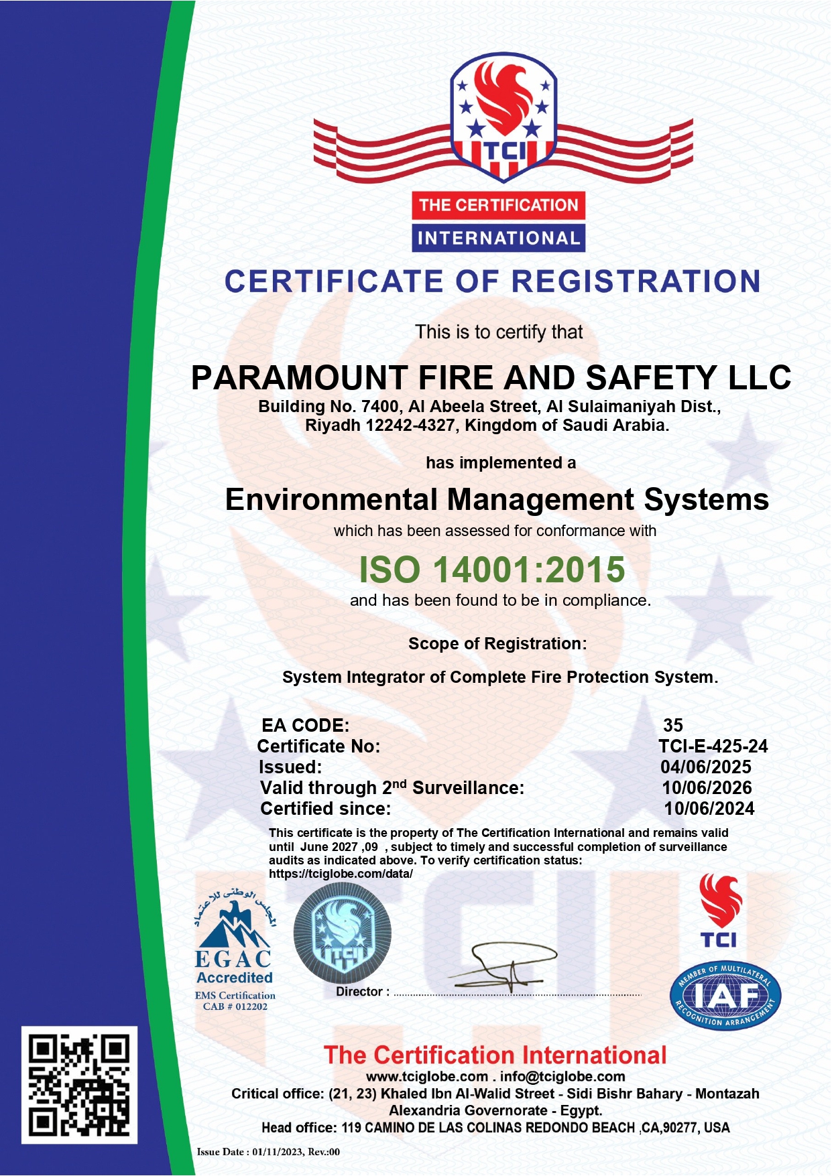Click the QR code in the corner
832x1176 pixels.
click(x=79, y=1084)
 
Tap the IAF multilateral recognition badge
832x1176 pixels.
click(x=725, y=996)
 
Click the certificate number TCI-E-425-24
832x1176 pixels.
click(x=713, y=746)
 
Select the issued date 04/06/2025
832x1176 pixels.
click(x=705, y=767)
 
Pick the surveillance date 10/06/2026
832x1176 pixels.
click(x=707, y=788)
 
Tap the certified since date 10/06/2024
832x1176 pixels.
click(x=709, y=809)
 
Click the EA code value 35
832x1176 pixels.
click(x=672, y=725)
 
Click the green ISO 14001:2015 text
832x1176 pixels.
click(x=491, y=570)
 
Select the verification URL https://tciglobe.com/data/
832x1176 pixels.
click(x=341, y=874)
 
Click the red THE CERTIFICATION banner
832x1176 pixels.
click(x=498, y=205)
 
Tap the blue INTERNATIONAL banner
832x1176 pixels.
click(x=498, y=238)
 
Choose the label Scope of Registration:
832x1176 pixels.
click(x=497, y=644)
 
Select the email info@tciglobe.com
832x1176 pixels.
click(x=562, y=1077)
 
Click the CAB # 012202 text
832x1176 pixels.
click(x=235, y=1006)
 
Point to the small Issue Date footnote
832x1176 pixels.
click(x=268, y=1152)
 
